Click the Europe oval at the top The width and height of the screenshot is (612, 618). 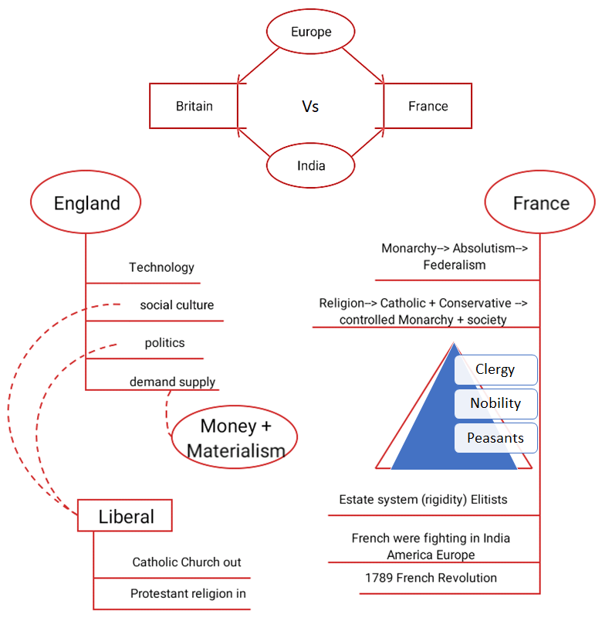(x=310, y=32)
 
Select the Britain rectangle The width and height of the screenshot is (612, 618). (x=194, y=106)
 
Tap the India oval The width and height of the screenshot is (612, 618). (x=310, y=165)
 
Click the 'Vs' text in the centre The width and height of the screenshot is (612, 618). (x=310, y=107)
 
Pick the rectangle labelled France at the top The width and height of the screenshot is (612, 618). (x=428, y=106)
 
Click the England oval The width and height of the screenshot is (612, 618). (x=86, y=203)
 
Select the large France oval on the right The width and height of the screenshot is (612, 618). (x=540, y=203)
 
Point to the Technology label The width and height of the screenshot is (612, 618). (x=161, y=267)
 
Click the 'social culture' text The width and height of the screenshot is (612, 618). (x=177, y=305)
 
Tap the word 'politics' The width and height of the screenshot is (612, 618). (x=164, y=342)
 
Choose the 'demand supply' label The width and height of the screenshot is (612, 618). (x=172, y=382)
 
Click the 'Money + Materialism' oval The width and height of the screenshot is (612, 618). (x=235, y=437)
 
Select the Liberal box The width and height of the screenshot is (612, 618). (x=125, y=516)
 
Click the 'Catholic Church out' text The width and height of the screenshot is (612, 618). (x=187, y=562)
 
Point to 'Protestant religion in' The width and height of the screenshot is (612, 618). (x=188, y=593)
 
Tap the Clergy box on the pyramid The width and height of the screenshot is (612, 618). (x=495, y=369)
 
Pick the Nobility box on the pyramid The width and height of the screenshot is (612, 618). (x=495, y=403)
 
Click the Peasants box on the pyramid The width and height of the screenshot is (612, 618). (x=495, y=438)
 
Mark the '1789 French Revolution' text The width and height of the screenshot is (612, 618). (x=431, y=578)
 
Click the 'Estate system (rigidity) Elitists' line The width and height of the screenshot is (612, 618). (x=423, y=499)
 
